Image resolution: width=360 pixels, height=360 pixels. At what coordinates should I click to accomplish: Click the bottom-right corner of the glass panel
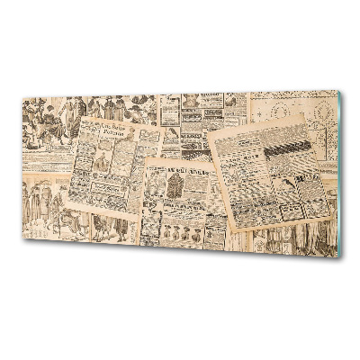343,258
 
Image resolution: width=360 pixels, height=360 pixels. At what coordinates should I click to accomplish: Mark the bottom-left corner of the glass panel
22,239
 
